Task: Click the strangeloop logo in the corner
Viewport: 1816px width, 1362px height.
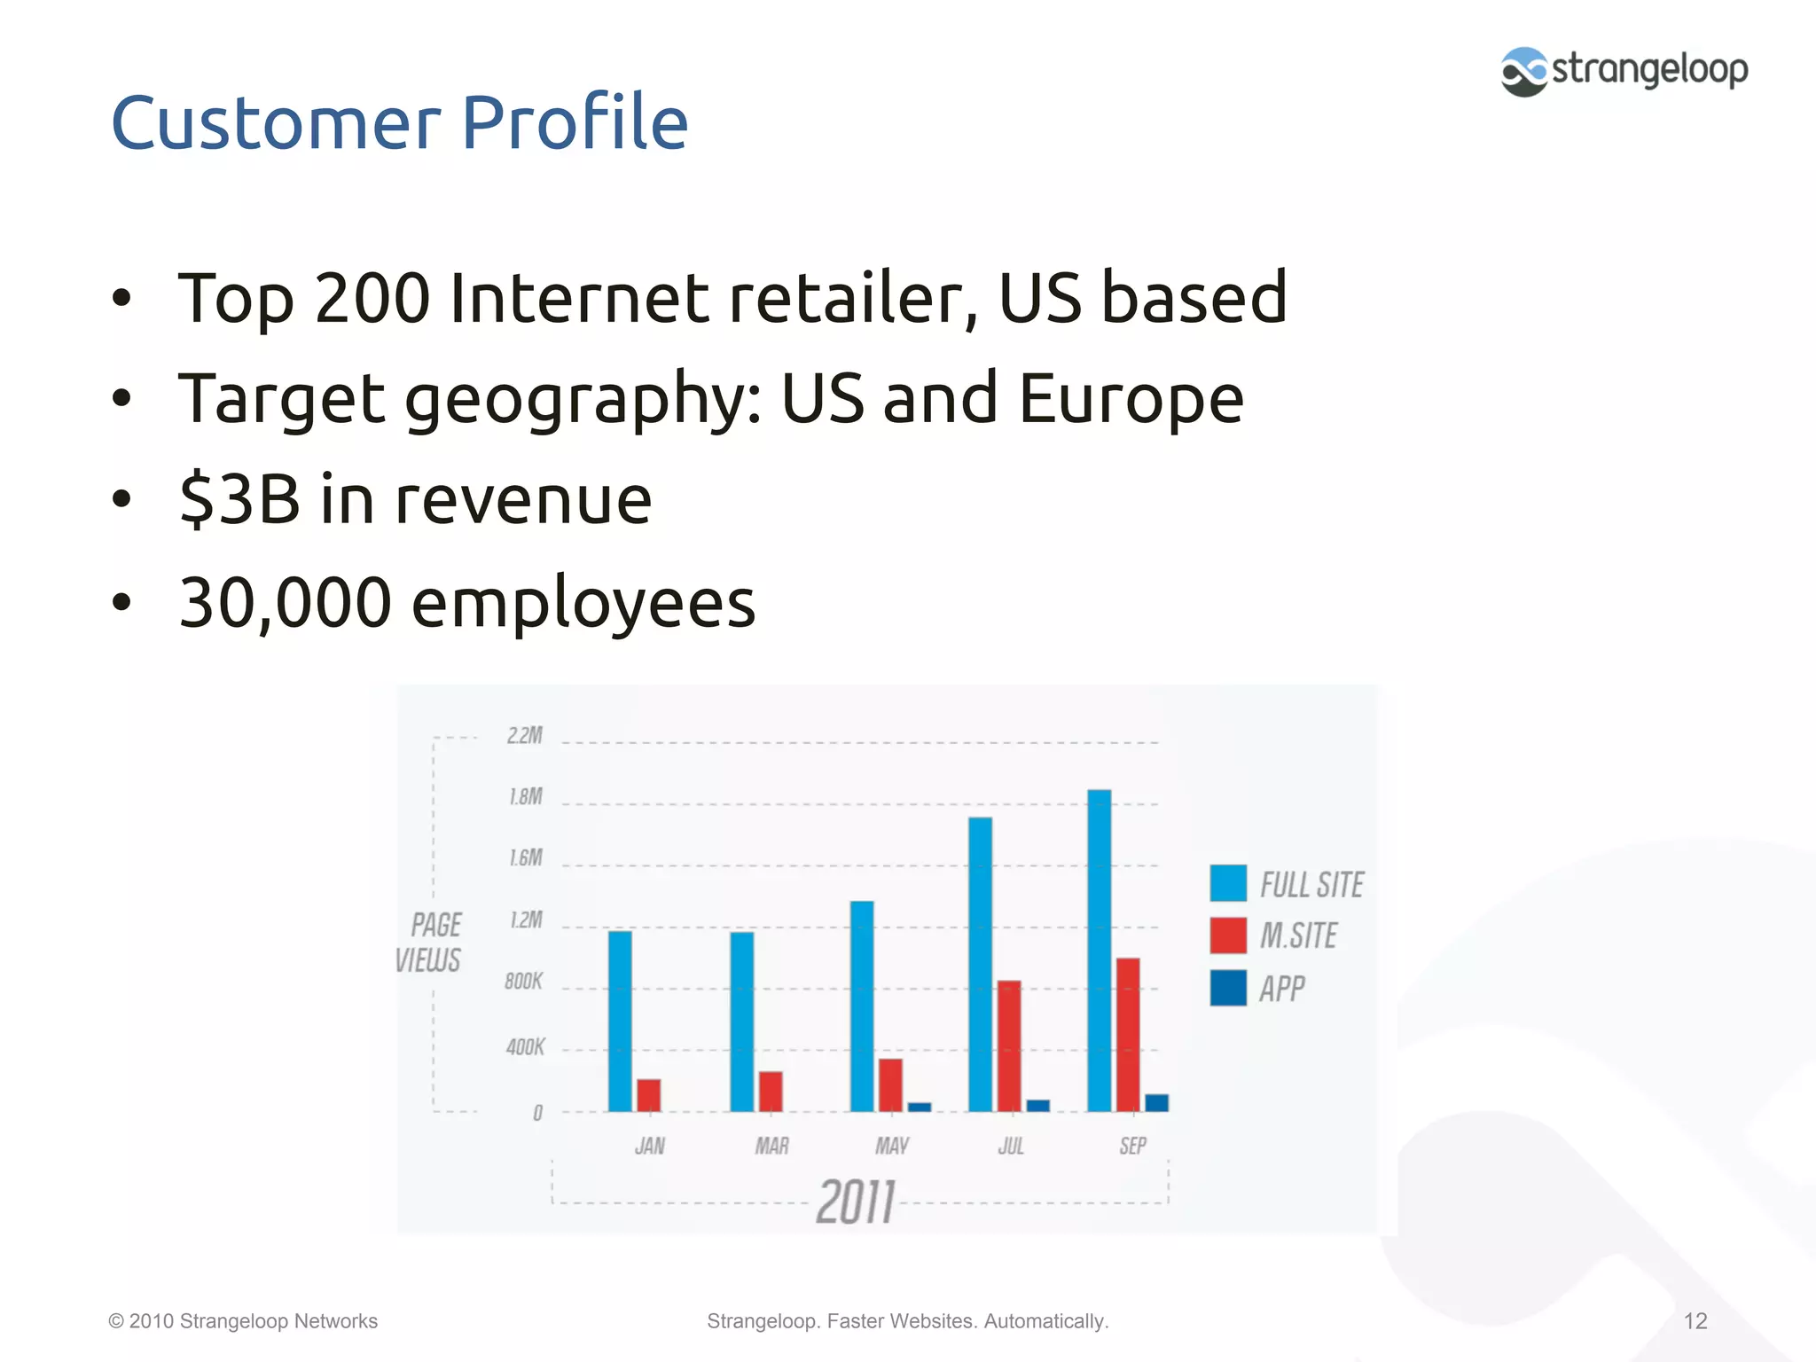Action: tap(1624, 71)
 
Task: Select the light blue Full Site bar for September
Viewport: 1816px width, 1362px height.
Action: tap(1099, 950)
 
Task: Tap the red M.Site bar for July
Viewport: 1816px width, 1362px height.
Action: tap(1009, 1045)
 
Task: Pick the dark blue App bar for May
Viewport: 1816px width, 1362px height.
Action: tap(920, 1107)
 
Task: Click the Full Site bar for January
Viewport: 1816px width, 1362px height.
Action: tap(620, 1021)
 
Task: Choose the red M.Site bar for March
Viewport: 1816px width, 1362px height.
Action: tap(771, 1092)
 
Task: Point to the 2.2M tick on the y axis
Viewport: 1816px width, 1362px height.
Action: tap(525, 736)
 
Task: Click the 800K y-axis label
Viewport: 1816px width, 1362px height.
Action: tap(523, 982)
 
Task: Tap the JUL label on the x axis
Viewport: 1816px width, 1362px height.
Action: tap(1011, 1147)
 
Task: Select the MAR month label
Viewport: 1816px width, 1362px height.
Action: tap(771, 1147)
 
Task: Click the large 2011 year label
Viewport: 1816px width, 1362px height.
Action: tap(856, 1202)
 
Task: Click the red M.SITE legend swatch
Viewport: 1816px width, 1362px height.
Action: tap(1228, 935)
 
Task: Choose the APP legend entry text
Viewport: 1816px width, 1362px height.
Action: tap(1282, 989)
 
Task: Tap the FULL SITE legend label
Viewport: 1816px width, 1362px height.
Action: tap(1311, 885)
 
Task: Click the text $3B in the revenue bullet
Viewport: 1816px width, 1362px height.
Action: tap(239, 499)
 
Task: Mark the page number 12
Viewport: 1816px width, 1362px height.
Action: tap(1695, 1321)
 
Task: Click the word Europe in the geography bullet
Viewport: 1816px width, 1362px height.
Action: tap(1131, 398)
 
